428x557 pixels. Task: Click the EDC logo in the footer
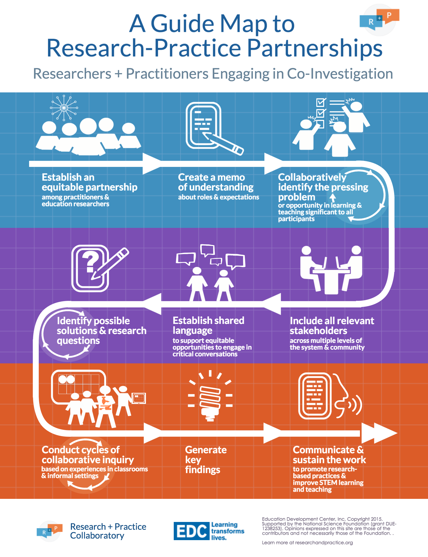pyautogui.click(x=191, y=531)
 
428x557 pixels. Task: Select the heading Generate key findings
pyautogui.click(x=205, y=460)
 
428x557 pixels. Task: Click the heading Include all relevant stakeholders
pyautogui.click(x=332, y=325)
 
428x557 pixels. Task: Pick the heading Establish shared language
pyautogui.click(x=208, y=325)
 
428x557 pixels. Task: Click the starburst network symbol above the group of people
pyautogui.click(x=64, y=108)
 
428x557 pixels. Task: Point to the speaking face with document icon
pyautogui.click(x=330, y=396)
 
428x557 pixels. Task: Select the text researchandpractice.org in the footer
pyautogui.click(x=324, y=542)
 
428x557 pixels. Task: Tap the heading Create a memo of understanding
pyautogui.click(x=216, y=182)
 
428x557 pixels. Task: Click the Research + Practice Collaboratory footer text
pyautogui.click(x=108, y=531)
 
